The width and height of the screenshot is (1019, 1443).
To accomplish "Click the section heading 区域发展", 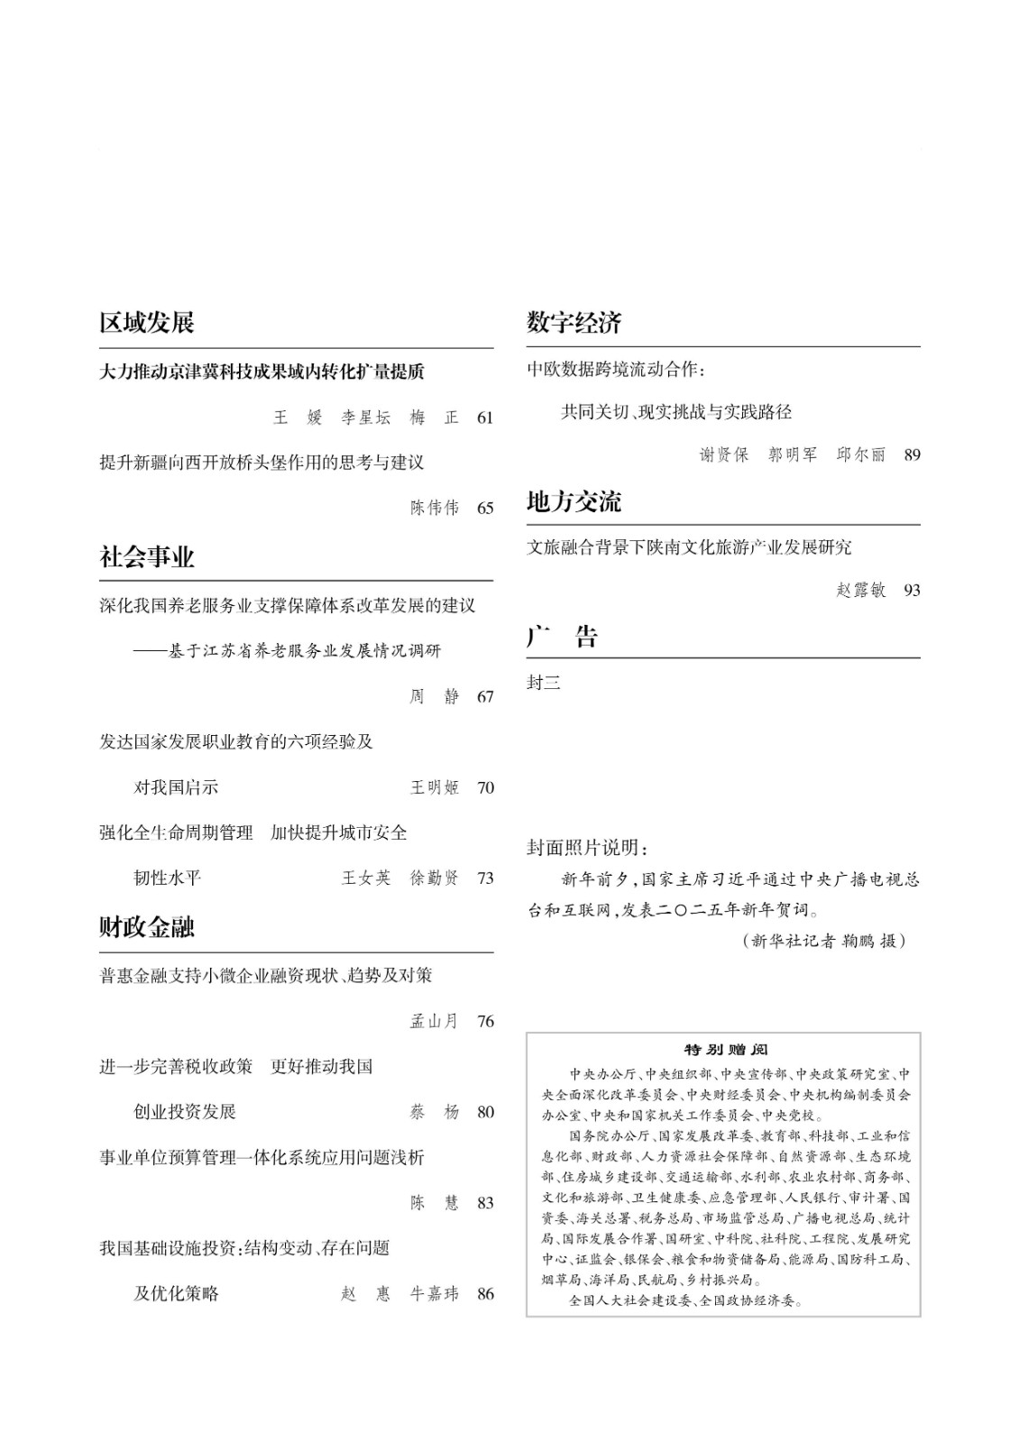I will (x=147, y=323).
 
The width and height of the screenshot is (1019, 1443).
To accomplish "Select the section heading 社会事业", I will (x=147, y=557).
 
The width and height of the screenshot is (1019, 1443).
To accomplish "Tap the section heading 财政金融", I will (x=147, y=927).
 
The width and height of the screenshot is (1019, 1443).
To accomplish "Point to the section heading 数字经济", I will (x=574, y=323).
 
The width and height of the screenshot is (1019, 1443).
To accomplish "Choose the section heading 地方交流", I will (x=574, y=501).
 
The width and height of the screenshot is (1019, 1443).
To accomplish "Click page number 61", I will (x=485, y=418).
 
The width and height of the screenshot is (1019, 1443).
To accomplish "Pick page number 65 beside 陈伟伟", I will (x=485, y=509).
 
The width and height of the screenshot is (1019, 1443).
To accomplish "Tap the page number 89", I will (x=912, y=455).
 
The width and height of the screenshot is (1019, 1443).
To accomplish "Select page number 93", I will (x=912, y=591).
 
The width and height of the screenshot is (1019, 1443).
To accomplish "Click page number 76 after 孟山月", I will (x=485, y=1022).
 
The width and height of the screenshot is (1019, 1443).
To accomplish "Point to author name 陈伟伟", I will (x=435, y=509).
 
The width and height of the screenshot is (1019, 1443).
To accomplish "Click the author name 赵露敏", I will (x=861, y=591).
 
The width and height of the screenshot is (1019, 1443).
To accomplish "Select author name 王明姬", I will (x=435, y=788).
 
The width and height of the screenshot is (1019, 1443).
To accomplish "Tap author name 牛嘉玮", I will (x=435, y=1294).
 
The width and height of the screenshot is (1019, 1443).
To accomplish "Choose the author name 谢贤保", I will (x=724, y=455).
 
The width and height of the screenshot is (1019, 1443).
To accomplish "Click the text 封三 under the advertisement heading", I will (x=544, y=683).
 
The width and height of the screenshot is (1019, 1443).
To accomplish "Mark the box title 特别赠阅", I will (x=724, y=1050).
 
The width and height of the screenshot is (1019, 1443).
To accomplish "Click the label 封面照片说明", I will (x=587, y=849).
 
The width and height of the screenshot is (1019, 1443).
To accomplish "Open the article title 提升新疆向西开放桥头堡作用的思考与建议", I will (x=262, y=463).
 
